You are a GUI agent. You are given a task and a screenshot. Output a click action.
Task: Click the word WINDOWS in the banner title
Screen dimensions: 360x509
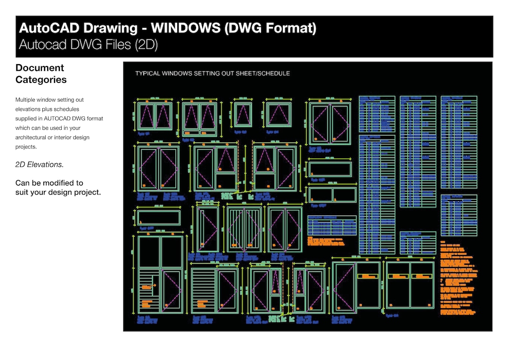pyautogui.click(x=185, y=28)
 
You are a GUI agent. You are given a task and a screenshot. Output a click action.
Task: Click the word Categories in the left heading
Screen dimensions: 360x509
pyautogui.click(x=41, y=80)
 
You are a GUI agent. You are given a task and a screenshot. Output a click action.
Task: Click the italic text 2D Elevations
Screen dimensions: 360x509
pyautogui.click(x=39, y=164)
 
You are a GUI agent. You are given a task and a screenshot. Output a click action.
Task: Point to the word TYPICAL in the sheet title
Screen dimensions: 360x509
pyautogui.click(x=147, y=74)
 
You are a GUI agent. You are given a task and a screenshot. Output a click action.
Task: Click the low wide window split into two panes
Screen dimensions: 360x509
pyautogui.click(x=332, y=195)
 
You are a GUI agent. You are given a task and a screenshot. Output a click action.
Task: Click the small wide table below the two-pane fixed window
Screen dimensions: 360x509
pyautogui.click(x=332, y=225)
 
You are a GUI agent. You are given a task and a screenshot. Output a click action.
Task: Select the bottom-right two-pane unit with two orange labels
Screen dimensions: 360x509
pyautogui.click(x=410, y=285)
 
